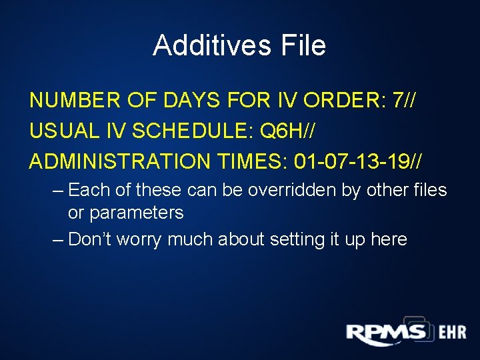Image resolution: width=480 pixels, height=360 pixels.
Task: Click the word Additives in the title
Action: pyautogui.click(x=209, y=45)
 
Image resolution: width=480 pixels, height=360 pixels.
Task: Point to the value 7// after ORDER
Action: pyautogui.click(x=406, y=101)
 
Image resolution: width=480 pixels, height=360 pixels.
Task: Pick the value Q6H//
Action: pyautogui.click(x=287, y=131)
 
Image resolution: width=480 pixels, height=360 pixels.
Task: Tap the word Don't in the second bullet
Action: pyautogui.click(x=91, y=239)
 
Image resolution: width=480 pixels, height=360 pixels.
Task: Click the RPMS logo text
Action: pyautogui.click(x=386, y=333)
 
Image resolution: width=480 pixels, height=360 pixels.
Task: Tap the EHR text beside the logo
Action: pyautogui.click(x=452, y=333)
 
